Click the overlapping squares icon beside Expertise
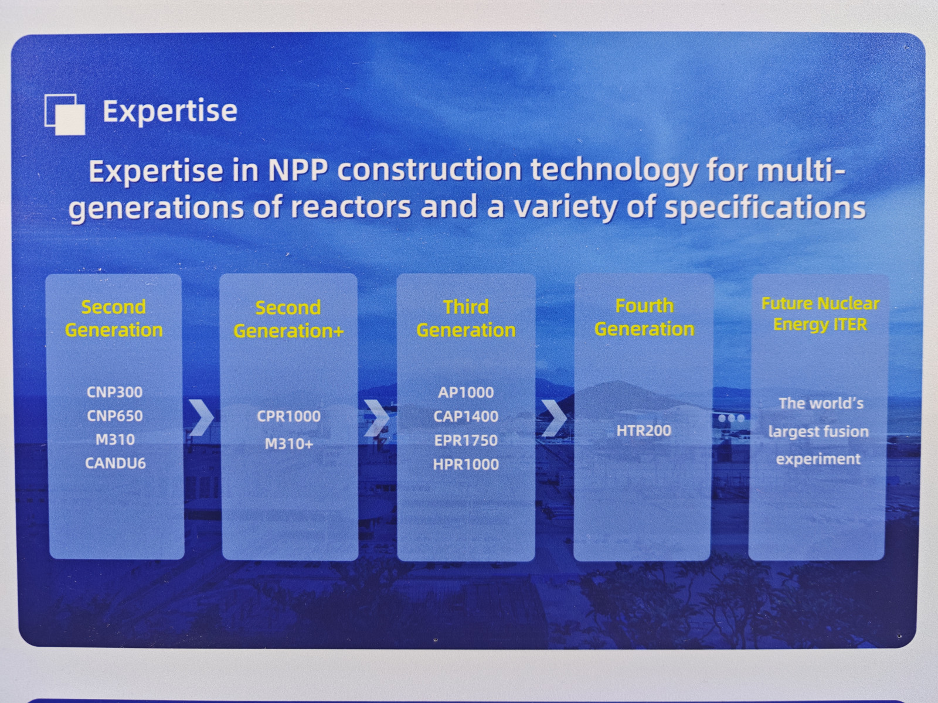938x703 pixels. (x=65, y=114)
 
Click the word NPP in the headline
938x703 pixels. (x=297, y=170)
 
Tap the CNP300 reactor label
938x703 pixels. (x=114, y=392)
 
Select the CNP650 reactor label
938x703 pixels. (x=114, y=416)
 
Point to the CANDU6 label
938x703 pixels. (x=115, y=463)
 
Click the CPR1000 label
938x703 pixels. (x=288, y=416)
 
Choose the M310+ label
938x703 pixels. (x=289, y=444)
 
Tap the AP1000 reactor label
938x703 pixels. (x=466, y=393)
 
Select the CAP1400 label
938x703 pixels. (x=466, y=416)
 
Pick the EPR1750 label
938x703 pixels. (x=466, y=440)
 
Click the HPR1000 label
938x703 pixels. (x=466, y=464)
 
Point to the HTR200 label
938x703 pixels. (x=644, y=430)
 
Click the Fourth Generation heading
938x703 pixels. (x=644, y=318)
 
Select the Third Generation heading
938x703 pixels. (x=466, y=319)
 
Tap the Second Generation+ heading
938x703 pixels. (x=288, y=319)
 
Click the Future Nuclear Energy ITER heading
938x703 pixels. (x=820, y=315)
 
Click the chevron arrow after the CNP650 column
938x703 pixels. (x=201, y=418)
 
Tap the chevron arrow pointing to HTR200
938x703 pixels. (x=554, y=418)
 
